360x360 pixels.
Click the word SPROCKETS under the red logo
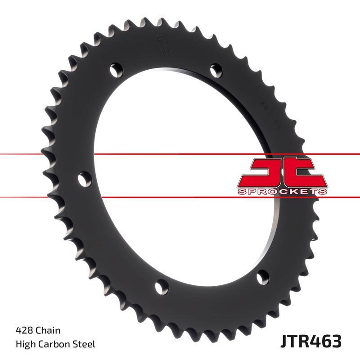282,192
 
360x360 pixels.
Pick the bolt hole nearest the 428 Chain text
162,286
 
